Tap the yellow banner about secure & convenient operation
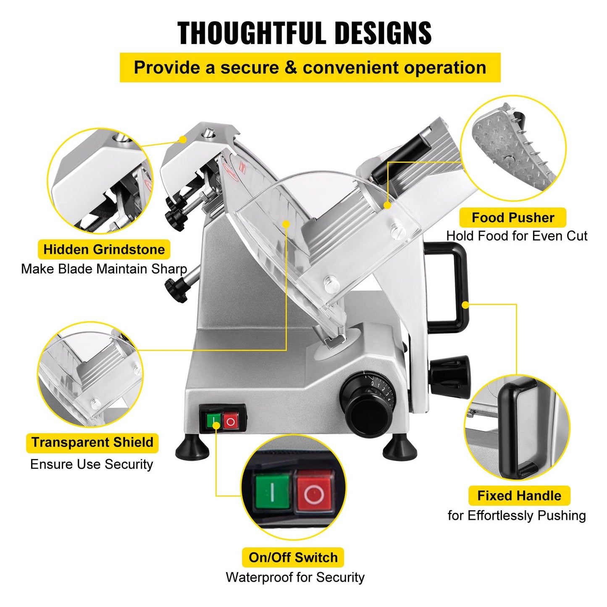click(x=310, y=68)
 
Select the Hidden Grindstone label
click(x=104, y=250)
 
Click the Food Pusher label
click(x=512, y=218)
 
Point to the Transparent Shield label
click(x=92, y=443)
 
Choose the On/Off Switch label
click(x=293, y=557)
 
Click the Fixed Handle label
click(x=519, y=496)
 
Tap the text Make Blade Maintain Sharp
click(x=104, y=269)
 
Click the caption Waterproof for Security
click(x=295, y=577)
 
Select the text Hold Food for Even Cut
click(x=516, y=236)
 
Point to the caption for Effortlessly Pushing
click(x=516, y=515)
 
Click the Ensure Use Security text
click(x=92, y=464)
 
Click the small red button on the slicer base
click(x=231, y=421)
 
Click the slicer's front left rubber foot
click(x=192, y=449)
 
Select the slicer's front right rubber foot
click(x=400, y=449)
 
